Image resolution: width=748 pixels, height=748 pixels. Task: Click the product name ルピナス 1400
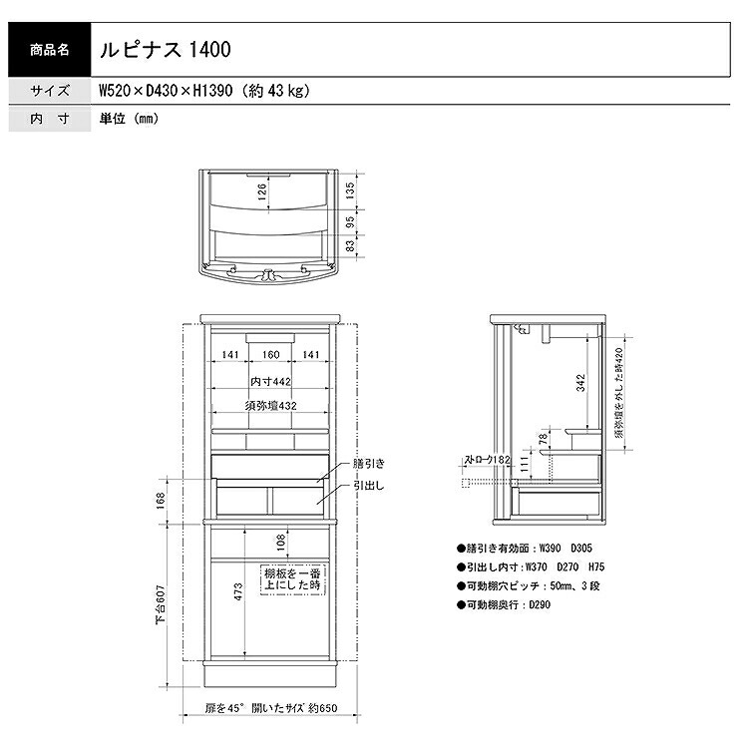click(x=165, y=50)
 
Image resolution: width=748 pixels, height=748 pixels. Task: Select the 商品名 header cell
click(x=50, y=50)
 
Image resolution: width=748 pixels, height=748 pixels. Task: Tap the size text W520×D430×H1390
click(x=166, y=90)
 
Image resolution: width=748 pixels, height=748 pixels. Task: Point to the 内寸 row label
click(x=50, y=119)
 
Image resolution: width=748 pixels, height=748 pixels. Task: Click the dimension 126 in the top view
click(x=262, y=191)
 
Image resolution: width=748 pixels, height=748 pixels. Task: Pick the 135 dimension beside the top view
click(x=350, y=190)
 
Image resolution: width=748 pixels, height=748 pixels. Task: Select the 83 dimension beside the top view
click(x=350, y=246)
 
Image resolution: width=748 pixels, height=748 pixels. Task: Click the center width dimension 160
click(x=270, y=354)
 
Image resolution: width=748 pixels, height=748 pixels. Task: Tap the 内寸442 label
click(x=270, y=382)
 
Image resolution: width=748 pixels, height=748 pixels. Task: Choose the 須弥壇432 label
click(x=270, y=406)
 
